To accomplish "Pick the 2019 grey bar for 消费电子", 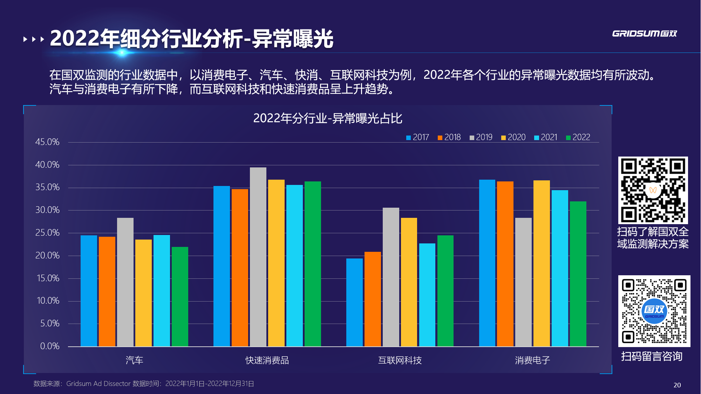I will [523, 282].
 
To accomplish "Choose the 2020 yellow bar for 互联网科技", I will [409, 282].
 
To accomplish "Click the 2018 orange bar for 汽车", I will [107, 291].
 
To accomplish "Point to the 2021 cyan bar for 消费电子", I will [560, 268].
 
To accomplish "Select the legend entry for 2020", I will [513, 137].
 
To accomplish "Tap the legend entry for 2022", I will [578, 137].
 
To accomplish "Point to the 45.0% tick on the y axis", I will [47, 142].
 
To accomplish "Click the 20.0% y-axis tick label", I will [47, 256].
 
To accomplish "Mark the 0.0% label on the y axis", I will [49, 346].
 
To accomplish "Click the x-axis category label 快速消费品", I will [267, 360].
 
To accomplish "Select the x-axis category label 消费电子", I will [532, 360].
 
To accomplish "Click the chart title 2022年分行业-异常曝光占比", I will [328, 118].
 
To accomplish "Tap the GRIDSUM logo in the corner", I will [644, 34].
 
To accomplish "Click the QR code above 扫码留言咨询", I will [654, 311].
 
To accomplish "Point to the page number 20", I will [677, 385].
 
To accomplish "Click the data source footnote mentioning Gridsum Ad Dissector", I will [144, 384].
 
